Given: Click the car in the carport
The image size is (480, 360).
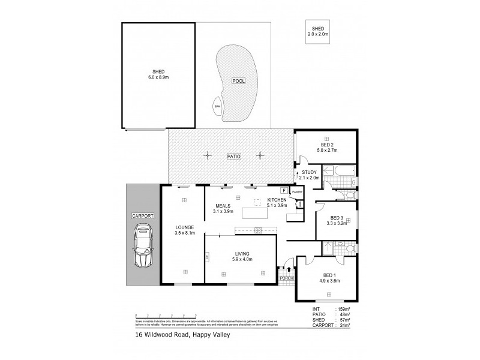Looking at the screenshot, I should [143, 246].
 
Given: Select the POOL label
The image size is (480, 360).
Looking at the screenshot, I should [239, 80].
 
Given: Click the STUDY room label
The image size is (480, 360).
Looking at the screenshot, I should [310, 172].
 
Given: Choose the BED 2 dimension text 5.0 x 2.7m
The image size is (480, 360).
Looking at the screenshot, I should [328, 150].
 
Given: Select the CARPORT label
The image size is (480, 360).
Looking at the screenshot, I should [143, 215].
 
